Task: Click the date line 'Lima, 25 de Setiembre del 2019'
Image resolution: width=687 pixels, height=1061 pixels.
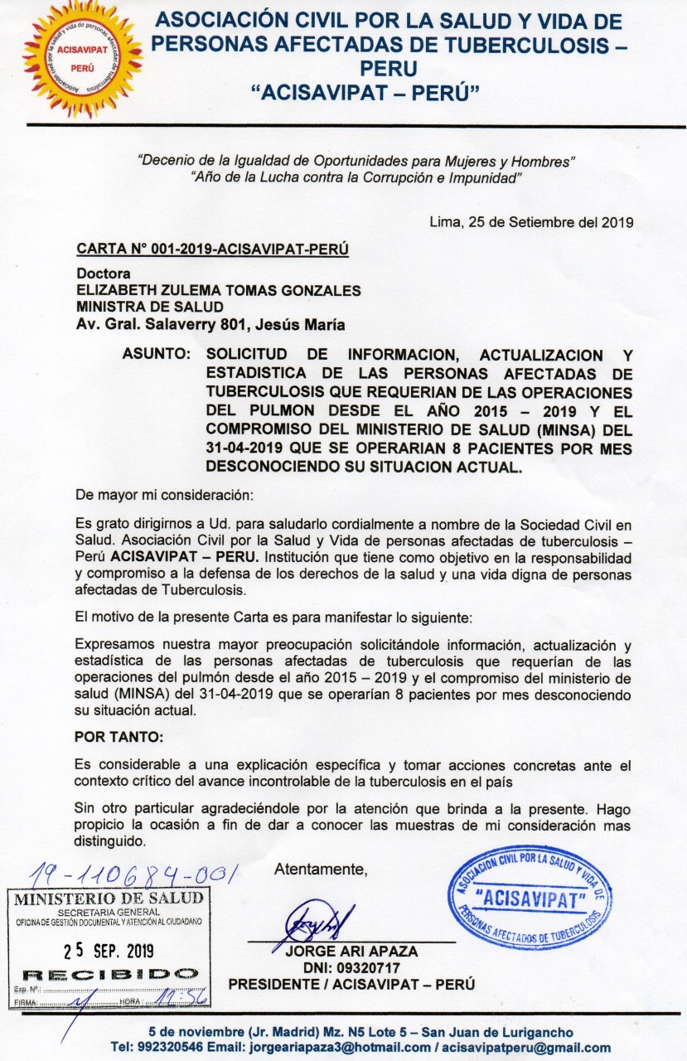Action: [x=531, y=221]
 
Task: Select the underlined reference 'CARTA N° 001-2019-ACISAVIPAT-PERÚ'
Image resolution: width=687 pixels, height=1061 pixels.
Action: [x=212, y=249]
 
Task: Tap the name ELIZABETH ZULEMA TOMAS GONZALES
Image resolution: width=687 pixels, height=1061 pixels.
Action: [x=219, y=290]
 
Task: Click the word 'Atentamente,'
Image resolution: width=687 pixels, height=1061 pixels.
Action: [x=321, y=869]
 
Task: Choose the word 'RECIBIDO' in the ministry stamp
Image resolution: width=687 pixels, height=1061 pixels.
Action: [x=109, y=974]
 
